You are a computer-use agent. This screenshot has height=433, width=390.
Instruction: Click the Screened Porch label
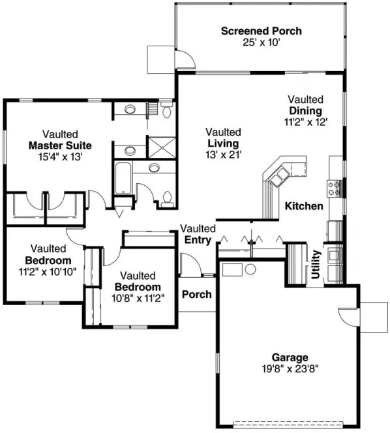pos(261,31)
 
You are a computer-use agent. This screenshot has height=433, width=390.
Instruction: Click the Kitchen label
pos(304,206)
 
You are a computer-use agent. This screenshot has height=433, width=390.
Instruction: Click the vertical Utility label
pos(316,264)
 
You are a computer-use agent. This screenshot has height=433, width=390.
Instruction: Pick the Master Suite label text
pos(60,145)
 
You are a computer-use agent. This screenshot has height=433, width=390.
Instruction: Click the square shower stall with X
pos(163,147)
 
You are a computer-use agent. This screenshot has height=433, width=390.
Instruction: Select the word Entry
pos(197,240)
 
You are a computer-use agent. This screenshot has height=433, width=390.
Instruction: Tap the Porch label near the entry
pos(196,294)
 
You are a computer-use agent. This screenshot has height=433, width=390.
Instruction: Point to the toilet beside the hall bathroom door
pos(168,198)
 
